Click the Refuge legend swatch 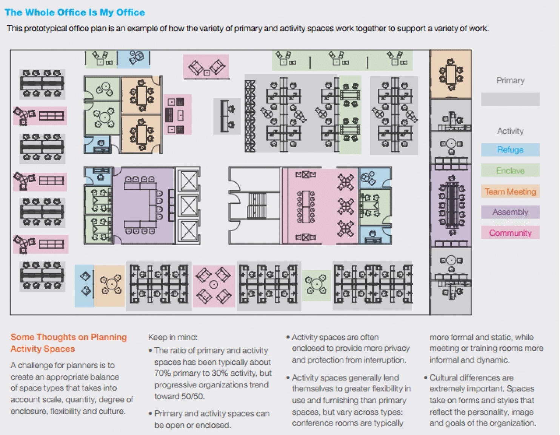[510, 150]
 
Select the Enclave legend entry [510, 170]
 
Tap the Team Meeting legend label [510, 192]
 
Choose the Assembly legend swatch [510, 212]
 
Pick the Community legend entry [510, 232]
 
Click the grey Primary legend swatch [510, 99]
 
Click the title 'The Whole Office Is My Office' [75, 12]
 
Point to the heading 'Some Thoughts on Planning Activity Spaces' [69, 343]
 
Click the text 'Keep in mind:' [173, 337]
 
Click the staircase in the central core [257, 206]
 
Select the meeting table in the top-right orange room [451, 74]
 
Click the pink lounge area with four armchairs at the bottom [214, 286]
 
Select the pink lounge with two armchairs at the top [206, 66]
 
